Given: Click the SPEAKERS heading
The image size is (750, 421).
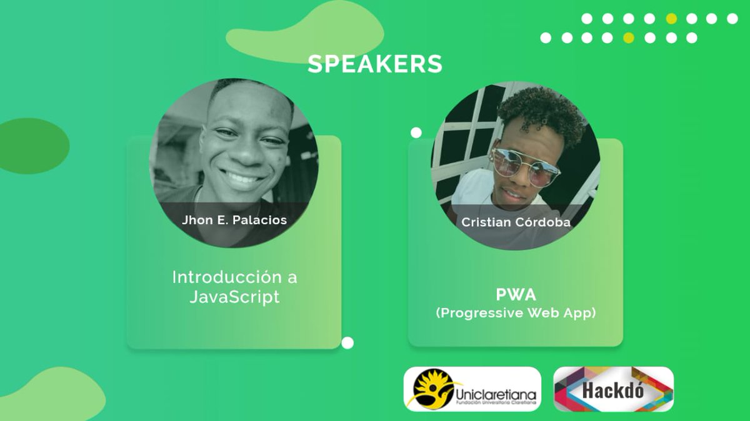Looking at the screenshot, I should tap(375, 64).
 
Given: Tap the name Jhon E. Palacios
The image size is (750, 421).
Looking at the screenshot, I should tap(234, 220).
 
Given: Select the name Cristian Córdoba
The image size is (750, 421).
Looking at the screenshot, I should tap(516, 222).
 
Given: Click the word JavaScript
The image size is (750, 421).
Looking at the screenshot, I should tap(234, 297).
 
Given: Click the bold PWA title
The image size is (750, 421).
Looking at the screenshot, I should tap(516, 294).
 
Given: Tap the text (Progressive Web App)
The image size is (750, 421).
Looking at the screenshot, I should tap(516, 313).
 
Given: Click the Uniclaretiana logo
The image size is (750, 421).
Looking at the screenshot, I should tap(472, 389).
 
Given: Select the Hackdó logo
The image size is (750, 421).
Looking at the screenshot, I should tap(614, 389).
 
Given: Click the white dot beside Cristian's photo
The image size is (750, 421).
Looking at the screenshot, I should tap(416, 132).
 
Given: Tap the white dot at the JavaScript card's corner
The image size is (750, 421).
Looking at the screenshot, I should tap(347, 342).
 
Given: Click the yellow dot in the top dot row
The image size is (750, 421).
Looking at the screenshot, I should tap(671, 19).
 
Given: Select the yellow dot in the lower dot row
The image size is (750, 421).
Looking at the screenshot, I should tap(629, 38).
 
